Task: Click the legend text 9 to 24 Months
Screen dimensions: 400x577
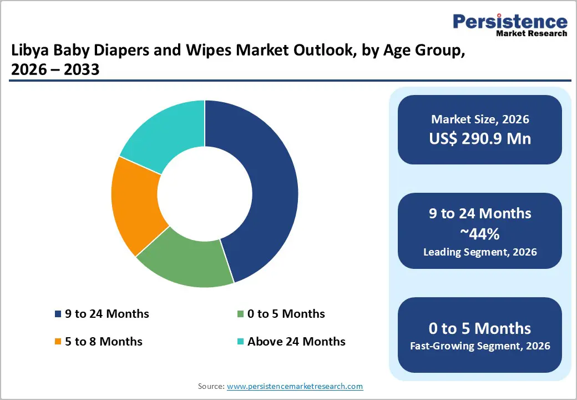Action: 107,314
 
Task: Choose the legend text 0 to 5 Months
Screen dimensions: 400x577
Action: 286,314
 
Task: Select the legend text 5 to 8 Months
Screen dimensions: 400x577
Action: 104,342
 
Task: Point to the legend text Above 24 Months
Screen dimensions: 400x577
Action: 296,342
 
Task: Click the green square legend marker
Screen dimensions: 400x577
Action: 240,314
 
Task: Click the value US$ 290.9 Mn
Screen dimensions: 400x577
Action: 480,138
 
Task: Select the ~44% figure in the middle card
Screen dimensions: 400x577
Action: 480,234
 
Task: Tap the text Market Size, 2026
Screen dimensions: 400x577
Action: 480,119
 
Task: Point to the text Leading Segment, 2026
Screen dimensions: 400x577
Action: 480,252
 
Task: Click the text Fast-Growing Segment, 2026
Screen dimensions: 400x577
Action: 480,346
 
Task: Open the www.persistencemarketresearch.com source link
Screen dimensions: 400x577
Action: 295,386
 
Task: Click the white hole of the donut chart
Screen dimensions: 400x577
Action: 205,194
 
